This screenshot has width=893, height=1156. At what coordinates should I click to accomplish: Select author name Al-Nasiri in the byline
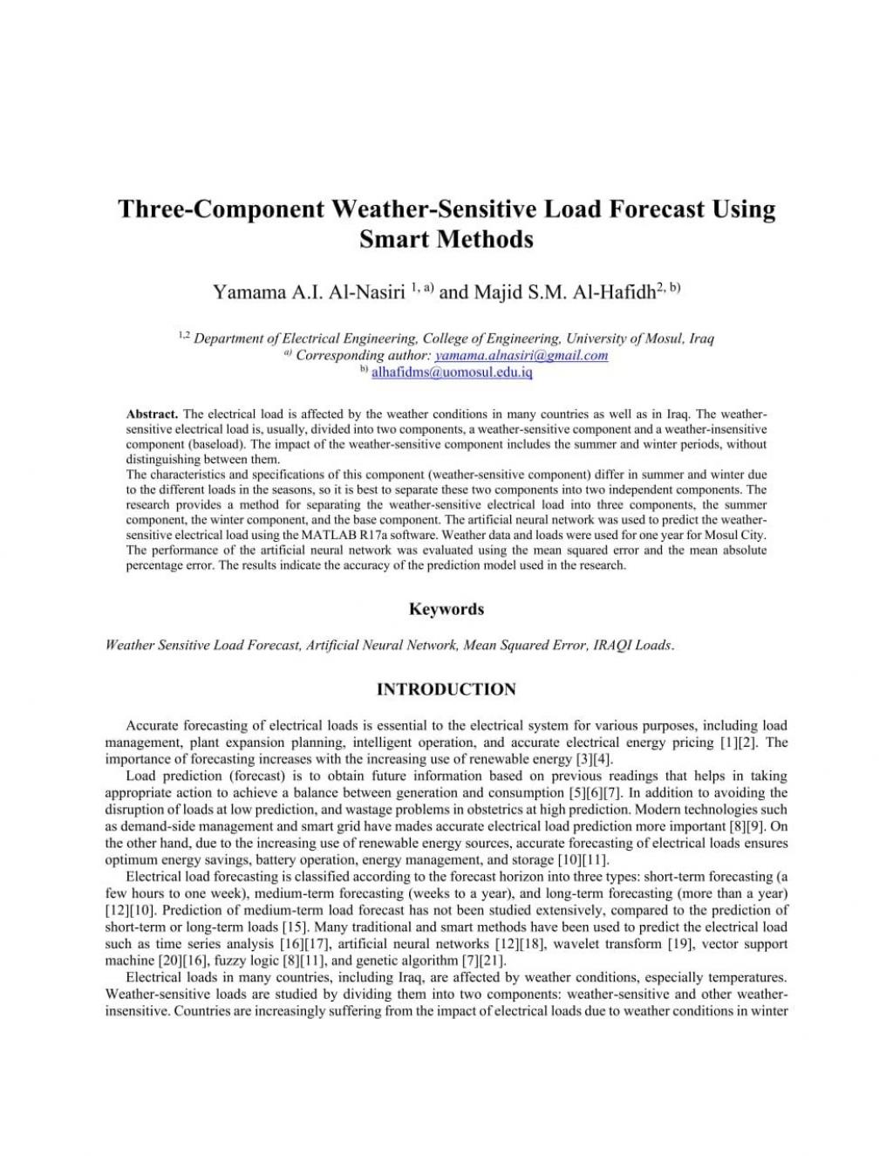pos(366,292)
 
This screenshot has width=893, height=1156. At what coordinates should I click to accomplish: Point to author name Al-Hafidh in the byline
pos(614,292)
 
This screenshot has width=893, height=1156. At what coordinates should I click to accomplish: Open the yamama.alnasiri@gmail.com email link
pos(521,355)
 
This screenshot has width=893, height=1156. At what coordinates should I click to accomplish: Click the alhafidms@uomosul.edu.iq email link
pos(452,372)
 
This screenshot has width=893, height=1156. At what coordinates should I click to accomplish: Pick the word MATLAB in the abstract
pos(326,535)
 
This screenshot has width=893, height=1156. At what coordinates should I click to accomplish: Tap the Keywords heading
pos(446,609)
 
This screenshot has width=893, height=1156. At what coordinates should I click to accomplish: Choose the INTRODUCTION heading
pos(446,689)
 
